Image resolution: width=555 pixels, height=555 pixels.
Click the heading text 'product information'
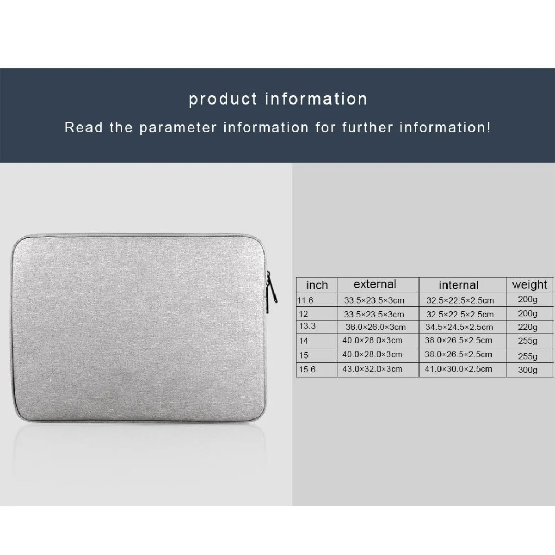coord(278,99)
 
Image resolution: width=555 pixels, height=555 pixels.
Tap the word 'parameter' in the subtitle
coord(178,128)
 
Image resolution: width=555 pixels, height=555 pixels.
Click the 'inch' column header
coord(317,285)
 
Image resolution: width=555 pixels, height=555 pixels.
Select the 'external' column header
coord(375,284)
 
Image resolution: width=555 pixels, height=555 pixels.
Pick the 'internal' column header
coord(458,285)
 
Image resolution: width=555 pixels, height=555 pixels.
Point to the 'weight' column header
coord(530,285)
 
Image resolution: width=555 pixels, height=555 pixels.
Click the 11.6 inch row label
coord(305,301)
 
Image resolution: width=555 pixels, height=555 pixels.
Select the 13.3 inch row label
coord(307,327)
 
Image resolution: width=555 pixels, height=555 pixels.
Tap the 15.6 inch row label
coord(307,369)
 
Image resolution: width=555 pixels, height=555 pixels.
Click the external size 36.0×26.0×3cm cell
coord(376,327)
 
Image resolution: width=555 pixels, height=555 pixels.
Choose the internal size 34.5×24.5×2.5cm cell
coord(459,327)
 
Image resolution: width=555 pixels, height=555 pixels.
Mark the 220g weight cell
coord(528,327)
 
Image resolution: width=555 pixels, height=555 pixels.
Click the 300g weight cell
coord(528,370)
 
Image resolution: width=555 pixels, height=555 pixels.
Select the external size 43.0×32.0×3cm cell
coord(372,369)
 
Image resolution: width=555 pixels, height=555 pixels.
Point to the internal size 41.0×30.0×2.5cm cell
coord(458,369)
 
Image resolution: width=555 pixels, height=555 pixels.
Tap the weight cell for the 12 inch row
coord(528,314)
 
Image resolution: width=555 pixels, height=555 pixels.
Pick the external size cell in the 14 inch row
coord(372,340)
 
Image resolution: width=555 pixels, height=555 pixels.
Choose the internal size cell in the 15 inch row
coord(458,355)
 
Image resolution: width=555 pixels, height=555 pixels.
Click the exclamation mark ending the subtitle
coord(488,127)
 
